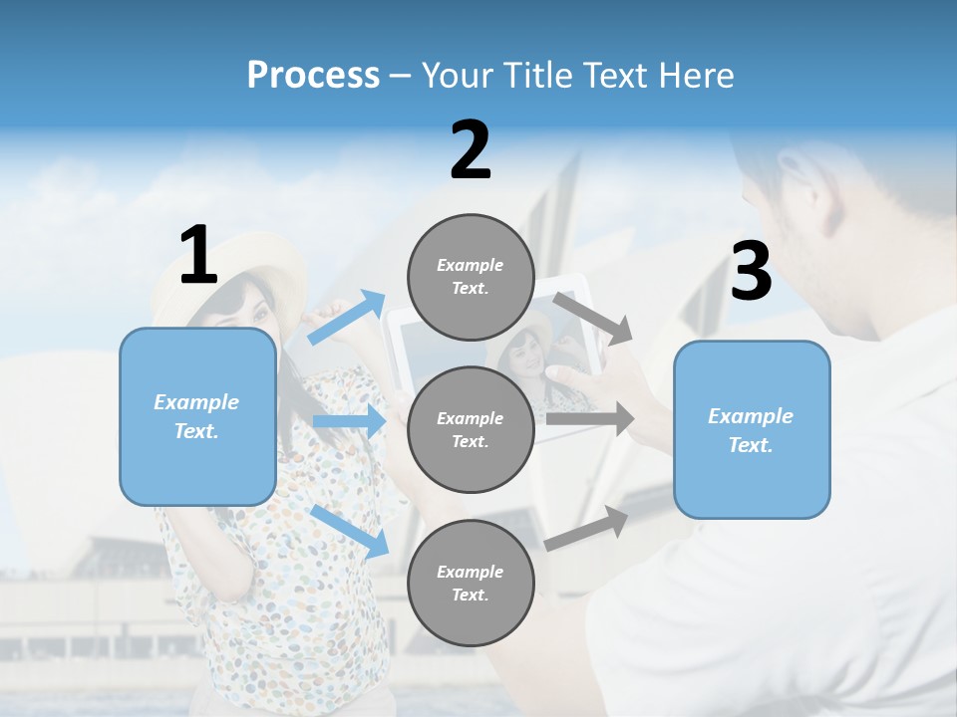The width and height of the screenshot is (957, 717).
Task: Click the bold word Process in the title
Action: pos(313,75)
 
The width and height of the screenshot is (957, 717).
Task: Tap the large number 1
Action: pos(198,255)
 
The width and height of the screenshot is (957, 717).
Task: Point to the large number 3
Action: pos(751,272)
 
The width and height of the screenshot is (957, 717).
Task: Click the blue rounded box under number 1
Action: pos(197,416)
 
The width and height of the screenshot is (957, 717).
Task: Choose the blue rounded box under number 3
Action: pos(752,429)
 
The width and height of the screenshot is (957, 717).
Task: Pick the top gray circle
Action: pos(471,277)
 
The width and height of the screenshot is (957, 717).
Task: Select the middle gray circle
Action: pos(471,429)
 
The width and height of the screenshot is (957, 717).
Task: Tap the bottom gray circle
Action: pos(471,583)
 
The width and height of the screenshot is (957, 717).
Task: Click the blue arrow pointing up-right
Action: pos(347,318)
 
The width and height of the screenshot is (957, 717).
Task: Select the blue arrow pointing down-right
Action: pos(349,530)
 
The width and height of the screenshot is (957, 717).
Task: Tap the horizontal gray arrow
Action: pos(589,419)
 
